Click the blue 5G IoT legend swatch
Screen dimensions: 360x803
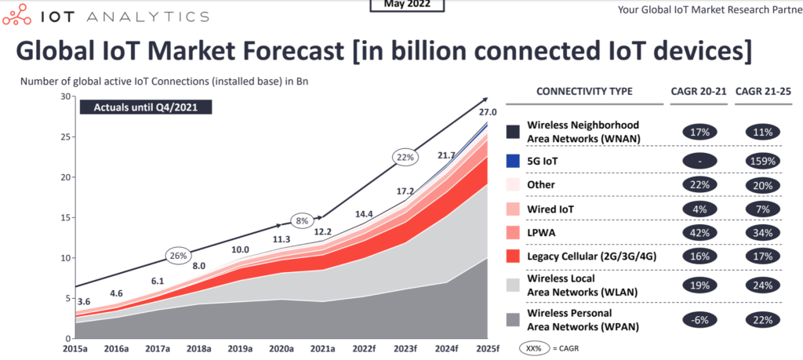tap(514, 161)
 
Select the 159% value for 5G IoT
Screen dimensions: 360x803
tap(761, 161)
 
